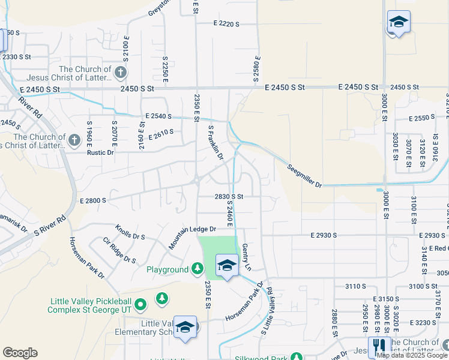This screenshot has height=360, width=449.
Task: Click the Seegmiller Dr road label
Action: [304, 175]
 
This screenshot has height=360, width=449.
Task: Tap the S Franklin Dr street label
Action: [215, 142]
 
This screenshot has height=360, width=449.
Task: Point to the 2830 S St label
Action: [229, 196]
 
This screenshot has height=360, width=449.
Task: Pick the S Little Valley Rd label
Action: [267, 310]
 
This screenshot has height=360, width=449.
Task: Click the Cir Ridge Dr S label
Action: [119, 250]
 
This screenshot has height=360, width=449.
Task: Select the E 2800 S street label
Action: [92, 200]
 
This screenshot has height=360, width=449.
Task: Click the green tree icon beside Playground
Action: [197, 269]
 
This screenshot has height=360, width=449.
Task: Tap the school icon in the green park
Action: [227, 265]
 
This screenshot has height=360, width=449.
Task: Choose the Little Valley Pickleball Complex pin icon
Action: [140, 305]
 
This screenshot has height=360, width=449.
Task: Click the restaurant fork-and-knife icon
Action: [379, 346]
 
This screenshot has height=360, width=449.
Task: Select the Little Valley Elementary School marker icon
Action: [185, 327]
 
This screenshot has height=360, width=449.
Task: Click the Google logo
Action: [20, 353]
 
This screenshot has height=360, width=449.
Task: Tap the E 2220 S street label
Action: [226, 24]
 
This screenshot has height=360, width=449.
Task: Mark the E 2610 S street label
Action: [159, 132]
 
